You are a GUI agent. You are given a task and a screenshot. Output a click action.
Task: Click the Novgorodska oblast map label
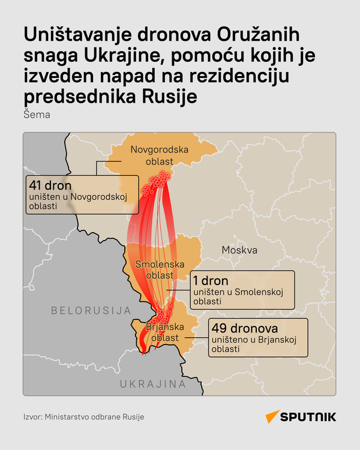point(160,155)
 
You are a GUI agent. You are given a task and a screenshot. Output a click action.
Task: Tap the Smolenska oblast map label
point(155,269)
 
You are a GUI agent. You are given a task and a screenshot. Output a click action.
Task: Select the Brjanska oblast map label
point(164,332)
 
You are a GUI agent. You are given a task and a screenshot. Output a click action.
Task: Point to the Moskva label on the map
point(239,250)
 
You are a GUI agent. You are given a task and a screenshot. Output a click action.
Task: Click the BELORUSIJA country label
point(91,310)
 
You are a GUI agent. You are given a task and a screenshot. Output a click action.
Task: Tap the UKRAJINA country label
point(153,384)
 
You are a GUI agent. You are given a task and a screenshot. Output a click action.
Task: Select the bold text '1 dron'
point(211,280)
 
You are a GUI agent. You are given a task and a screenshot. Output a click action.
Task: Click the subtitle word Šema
point(37,114)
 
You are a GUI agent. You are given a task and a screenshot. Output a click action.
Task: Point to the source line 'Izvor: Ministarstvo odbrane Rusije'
point(84,416)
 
